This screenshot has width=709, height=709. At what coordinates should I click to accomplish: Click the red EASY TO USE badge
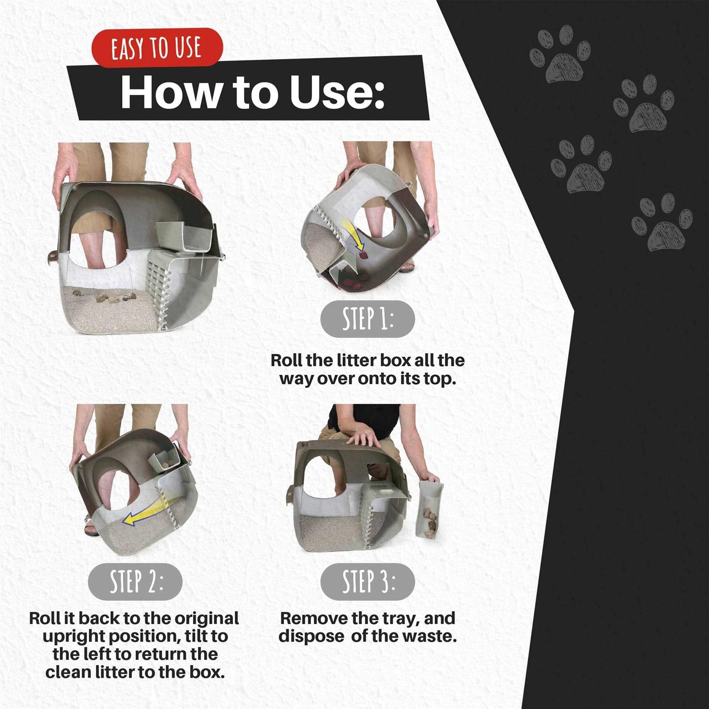tap(156, 48)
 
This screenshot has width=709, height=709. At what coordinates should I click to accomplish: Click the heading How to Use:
tap(252, 91)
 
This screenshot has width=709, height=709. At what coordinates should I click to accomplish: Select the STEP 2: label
tap(135, 581)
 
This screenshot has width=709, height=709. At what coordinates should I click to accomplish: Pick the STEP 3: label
tap(367, 581)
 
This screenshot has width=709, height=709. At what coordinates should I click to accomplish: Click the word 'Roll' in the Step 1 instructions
tap(286, 360)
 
